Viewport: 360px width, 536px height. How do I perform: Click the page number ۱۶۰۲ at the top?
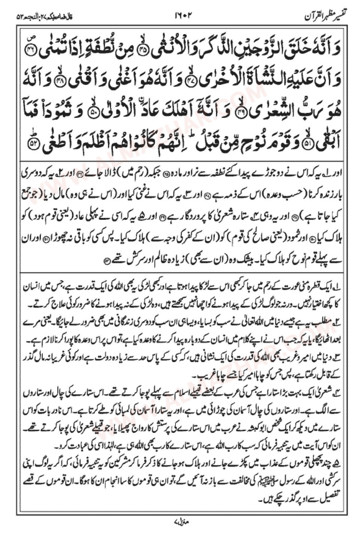[x=182, y=17]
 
